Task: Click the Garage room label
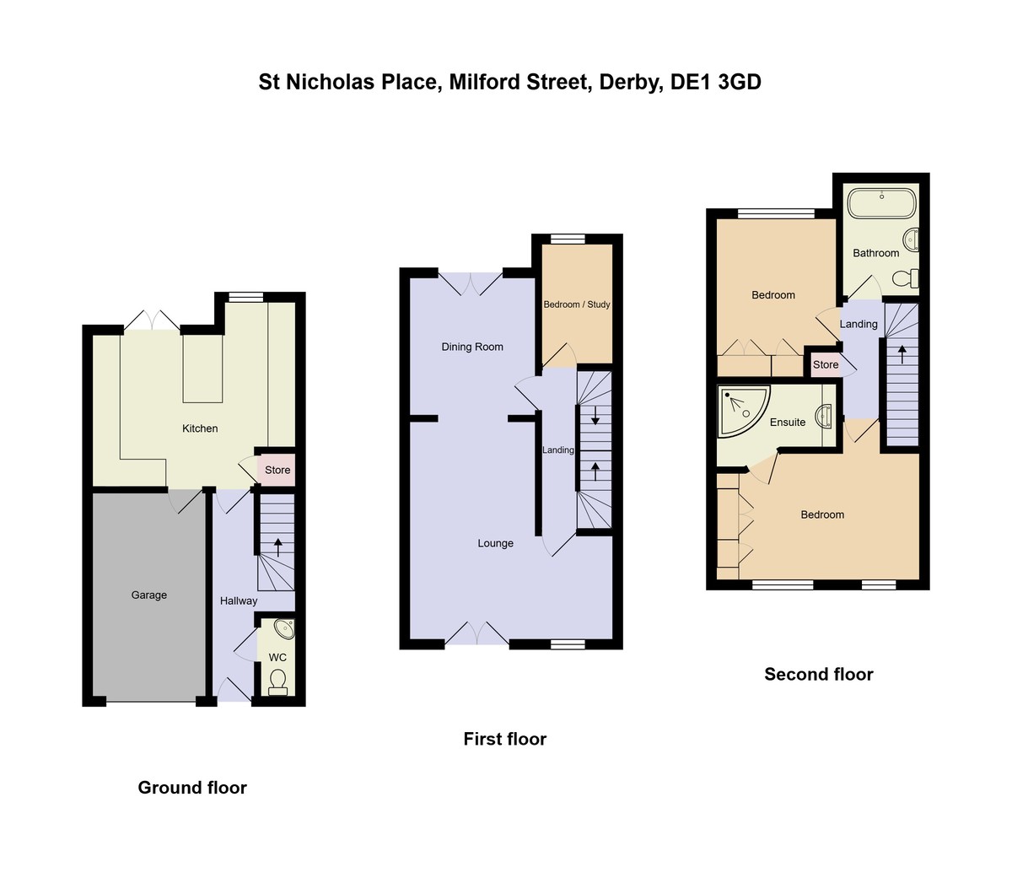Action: click(x=149, y=595)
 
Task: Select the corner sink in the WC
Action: click(x=284, y=629)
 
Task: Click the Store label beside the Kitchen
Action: click(x=277, y=471)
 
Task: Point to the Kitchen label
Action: click(x=200, y=428)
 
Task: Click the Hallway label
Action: click(x=239, y=601)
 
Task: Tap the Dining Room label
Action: click(x=472, y=347)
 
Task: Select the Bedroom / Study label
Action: click(x=577, y=304)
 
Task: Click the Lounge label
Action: click(x=496, y=543)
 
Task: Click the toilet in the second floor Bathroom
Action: click(x=907, y=277)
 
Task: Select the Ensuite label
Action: click(x=788, y=423)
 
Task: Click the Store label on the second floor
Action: click(x=826, y=365)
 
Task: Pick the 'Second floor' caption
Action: click(x=819, y=675)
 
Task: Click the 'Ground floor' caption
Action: click(x=192, y=788)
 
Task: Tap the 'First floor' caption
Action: click(x=505, y=740)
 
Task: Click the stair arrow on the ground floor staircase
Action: click(x=277, y=546)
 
